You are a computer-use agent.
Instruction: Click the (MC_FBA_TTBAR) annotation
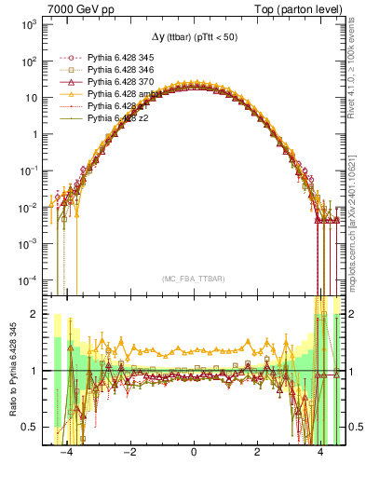click(x=193, y=279)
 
